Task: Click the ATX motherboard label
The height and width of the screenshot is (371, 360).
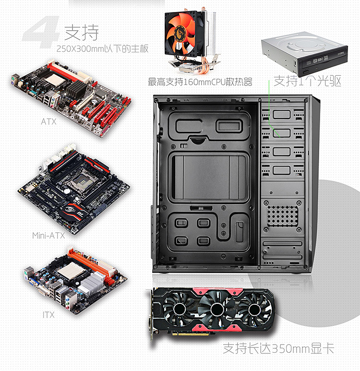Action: pyautogui.click(x=48, y=121)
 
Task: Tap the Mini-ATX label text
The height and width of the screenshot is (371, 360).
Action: pyautogui.click(x=48, y=236)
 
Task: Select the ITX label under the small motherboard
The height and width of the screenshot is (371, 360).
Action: pyautogui.click(x=48, y=315)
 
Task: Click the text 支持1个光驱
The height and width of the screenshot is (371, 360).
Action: pyautogui.click(x=307, y=81)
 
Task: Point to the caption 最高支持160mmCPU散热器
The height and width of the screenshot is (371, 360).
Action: pyautogui.click(x=200, y=82)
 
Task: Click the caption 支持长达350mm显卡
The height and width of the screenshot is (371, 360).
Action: pyautogui.click(x=278, y=348)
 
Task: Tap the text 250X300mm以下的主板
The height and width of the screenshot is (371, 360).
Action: pyautogui.click(x=103, y=49)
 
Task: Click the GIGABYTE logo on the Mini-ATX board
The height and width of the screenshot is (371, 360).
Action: pyautogui.click(x=99, y=167)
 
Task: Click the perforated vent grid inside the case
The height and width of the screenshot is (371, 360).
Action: pyautogui.click(x=282, y=216)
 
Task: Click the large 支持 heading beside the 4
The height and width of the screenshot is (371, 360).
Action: pyautogui.click(x=82, y=33)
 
